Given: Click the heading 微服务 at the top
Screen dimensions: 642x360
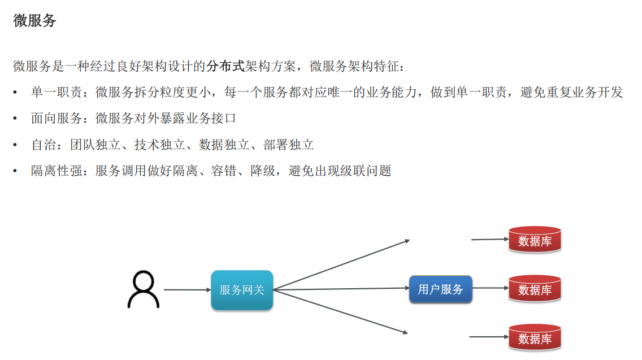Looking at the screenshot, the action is coord(34,21).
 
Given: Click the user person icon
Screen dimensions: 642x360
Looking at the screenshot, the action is coord(143,289).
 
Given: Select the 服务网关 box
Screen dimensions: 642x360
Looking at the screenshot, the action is coord(242,290).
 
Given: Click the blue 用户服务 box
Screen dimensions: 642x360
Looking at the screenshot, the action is coord(440,289).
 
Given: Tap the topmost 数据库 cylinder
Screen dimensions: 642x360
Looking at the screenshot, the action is coord(535,240).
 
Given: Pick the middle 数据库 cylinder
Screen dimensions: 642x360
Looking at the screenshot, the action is coord(535,289).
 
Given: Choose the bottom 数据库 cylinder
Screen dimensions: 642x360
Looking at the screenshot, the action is coord(535,338).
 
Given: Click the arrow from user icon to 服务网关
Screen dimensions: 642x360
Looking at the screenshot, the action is coord(186,290).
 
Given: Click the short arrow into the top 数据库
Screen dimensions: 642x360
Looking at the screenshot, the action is coord(490,239).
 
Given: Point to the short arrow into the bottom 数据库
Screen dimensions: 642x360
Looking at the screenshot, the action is coord(489,337).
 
